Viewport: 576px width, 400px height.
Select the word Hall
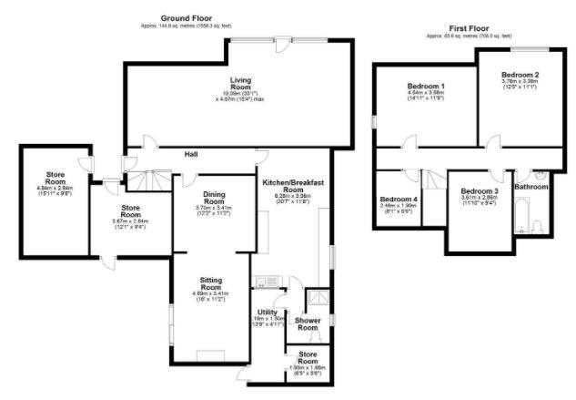pos(193,154)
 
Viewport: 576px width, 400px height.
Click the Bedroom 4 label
pos(399,199)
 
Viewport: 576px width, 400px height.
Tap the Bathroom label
pos(531,187)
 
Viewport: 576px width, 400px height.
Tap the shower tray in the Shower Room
pos(318,296)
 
